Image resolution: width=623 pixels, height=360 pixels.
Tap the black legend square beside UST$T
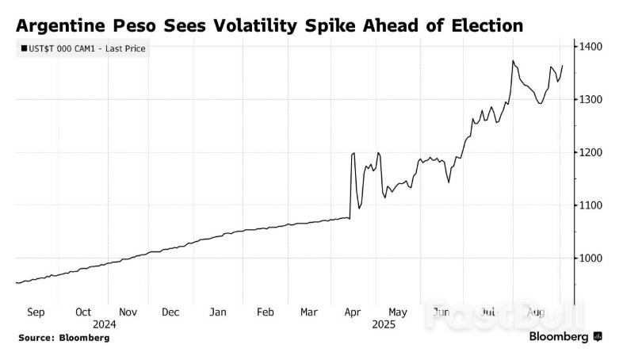tap(25, 49)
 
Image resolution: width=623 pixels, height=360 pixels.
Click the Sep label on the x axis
tap(36, 312)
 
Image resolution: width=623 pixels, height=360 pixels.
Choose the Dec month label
tap(170, 312)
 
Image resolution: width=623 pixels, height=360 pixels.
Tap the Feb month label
tap(266, 312)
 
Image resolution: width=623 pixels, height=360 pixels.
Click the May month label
tap(399, 312)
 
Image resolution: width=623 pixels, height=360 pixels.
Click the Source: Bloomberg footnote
tap(63, 338)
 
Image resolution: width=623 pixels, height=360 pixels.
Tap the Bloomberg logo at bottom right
tap(564, 337)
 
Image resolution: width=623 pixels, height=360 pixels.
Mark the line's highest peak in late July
tap(514, 60)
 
